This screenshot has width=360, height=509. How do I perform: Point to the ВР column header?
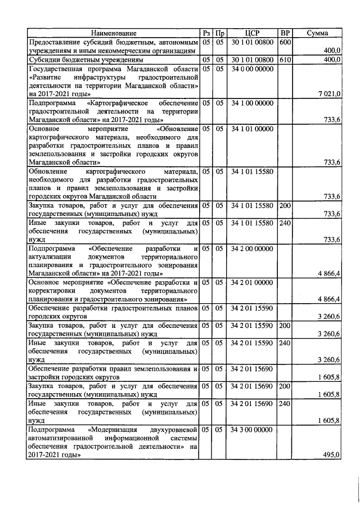click(x=285, y=33)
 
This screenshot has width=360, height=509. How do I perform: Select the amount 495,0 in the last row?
click(x=331, y=455)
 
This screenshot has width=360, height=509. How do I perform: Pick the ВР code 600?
click(x=285, y=42)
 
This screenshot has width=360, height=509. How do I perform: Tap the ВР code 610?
click(x=285, y=60)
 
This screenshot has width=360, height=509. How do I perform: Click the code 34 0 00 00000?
click(x=252, y=69)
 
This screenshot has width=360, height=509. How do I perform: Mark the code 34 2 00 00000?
click(x=252, y=248)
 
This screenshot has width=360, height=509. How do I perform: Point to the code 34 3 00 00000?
click(x=252, y=430)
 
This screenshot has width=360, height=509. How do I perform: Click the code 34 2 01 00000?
click(x=252, y=282)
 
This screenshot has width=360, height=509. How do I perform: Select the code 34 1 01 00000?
click(x=252, y=129)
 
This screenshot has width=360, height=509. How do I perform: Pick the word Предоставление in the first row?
click(x=53, y=42)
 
